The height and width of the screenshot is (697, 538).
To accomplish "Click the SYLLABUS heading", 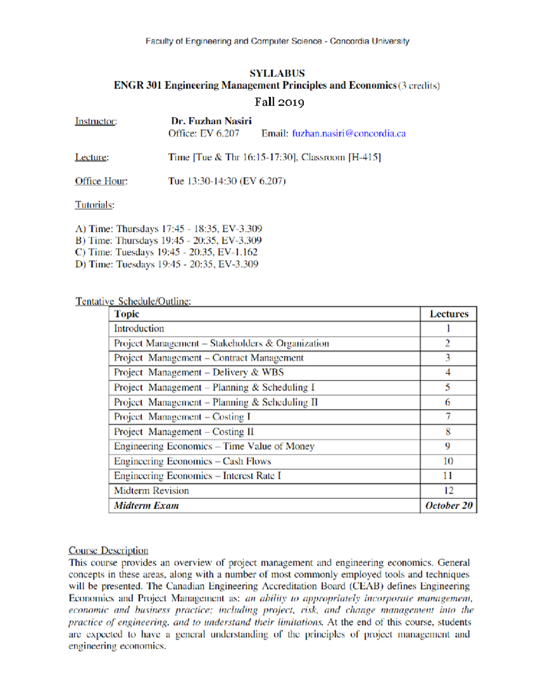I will pyautogui.click(x=277, y=73).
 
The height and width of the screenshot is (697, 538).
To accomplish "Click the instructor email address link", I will pyautogui.click(x=349, y=133).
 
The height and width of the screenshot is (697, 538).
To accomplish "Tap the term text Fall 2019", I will pyautogui.click(x=279, y=102).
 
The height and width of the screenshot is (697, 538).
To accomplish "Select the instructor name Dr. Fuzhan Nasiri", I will pyautogui.click(x=211, y=121).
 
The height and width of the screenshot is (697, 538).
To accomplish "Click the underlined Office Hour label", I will pyautogui.click(x=101, y=181).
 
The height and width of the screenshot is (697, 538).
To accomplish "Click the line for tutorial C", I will pyautogui.click(x=166, y=252).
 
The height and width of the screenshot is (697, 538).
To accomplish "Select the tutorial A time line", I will pyautogui.click(x=169, y=229).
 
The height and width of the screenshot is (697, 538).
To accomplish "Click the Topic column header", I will pyautogui.click(x=127, y=314).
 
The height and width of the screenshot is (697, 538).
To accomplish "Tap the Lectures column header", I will pyautogui.click(x=449, y=314).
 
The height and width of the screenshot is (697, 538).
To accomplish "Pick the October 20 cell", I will pyautogui.click(x=449, y=505).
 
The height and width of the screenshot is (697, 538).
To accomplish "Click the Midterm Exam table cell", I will pyautogui.click(x=147, y=505).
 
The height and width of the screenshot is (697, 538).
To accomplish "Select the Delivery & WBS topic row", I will pyautogui.click(x=199, y=373).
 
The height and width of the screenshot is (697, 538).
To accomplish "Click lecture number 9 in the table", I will pyautogui.click(x=448, y=446).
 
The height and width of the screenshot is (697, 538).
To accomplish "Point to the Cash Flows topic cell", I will pyautogui.click(x=192, y=461).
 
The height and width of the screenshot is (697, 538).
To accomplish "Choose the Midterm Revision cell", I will pyautogui.click(x=152, y=491).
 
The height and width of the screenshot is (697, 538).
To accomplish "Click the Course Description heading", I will pyautogui.click(x=108, y=550).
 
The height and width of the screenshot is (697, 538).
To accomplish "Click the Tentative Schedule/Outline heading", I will pyautogui.click(x=133, y=301).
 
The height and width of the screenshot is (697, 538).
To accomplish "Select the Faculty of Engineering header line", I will pyautogui.click(x=277, y=41).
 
